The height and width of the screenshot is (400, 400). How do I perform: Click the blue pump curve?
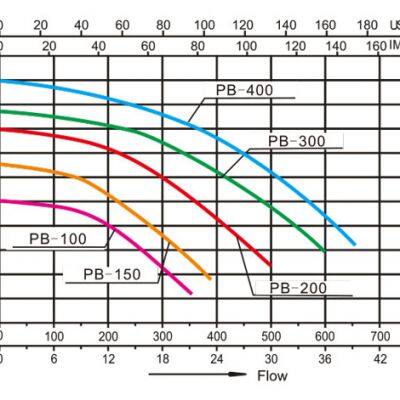pos(290,160)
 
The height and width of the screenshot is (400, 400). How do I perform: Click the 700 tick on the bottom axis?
pos(379,336)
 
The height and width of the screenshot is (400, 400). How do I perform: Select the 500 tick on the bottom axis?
pos(271,336)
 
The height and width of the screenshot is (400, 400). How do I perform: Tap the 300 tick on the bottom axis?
pos(163,336)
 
